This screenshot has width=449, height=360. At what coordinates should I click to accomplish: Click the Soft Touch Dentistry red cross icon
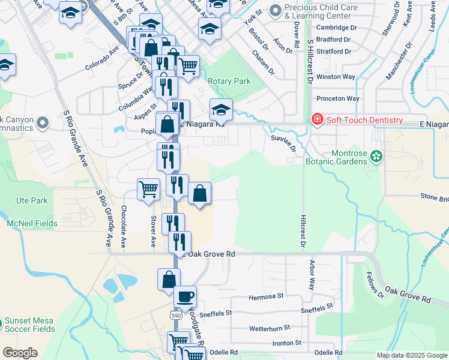click(317, 120)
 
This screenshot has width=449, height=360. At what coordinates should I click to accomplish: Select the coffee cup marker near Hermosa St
click(185, 296)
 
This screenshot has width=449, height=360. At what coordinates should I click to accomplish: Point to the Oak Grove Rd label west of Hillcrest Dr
click(211, 254)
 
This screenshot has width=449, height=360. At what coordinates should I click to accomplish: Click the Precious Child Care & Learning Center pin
click(276, 11)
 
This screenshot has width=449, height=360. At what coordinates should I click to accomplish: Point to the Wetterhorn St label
click(270, 328)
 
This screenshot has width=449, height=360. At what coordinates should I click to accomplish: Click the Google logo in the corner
click(20, 353)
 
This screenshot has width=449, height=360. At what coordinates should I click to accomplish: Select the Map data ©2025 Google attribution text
click(412, 355)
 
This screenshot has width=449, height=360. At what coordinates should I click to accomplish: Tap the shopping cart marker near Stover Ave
click(148, 190)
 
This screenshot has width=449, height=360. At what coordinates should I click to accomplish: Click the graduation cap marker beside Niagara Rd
click(220, 110)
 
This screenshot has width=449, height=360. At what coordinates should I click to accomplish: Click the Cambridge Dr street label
click(336, 28)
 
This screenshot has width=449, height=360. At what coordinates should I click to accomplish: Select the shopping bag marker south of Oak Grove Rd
click(169, 280)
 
